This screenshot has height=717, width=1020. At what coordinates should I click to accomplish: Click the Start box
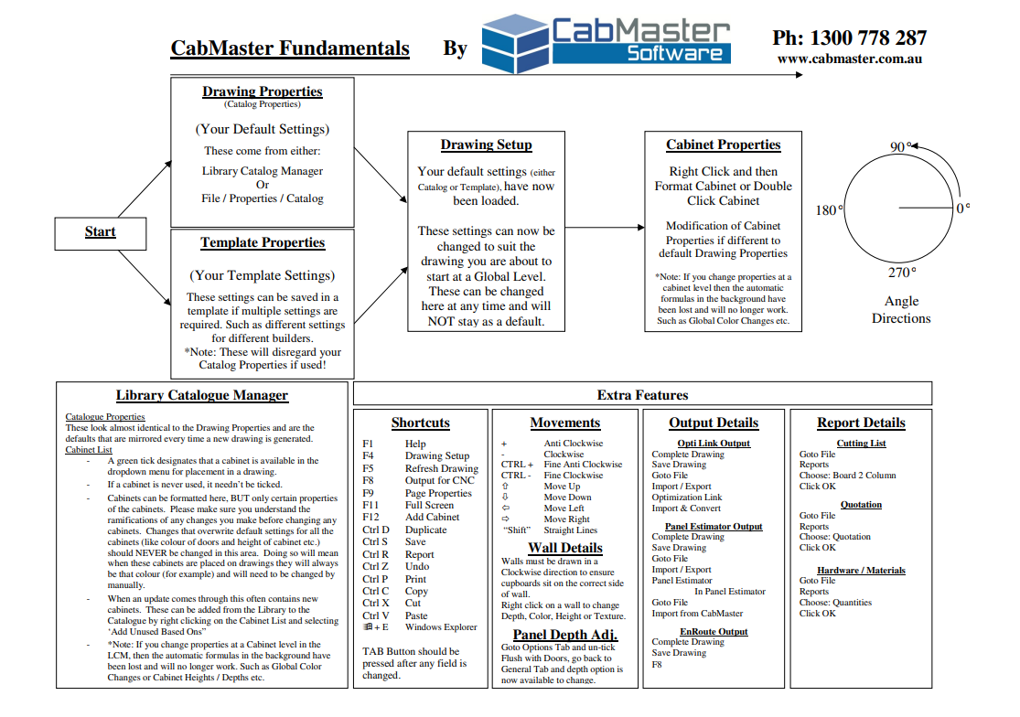100,232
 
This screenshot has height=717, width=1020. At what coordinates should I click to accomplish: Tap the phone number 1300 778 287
849,38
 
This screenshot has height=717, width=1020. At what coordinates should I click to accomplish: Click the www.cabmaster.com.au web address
849,59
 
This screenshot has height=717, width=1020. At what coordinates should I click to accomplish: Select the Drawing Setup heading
486,145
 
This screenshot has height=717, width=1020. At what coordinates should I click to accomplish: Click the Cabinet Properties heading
723,145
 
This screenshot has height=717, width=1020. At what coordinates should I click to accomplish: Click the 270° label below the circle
901,273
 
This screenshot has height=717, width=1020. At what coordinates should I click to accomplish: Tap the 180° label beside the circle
829,210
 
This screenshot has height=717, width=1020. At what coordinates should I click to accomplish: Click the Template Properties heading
263,243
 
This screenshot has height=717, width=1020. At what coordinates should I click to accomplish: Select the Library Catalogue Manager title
202,396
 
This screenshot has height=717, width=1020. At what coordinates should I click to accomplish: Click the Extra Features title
642,395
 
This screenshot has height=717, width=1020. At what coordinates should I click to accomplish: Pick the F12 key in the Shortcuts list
370,518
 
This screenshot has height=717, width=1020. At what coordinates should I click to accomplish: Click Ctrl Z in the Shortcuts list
375,567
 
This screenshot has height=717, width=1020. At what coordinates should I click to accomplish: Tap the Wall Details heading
564,548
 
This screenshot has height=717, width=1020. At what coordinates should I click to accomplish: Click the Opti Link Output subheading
714,444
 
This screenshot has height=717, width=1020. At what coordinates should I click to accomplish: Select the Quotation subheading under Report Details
861,505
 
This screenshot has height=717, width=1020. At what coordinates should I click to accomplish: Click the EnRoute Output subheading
714,631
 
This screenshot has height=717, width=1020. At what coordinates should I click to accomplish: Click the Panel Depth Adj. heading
564,635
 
